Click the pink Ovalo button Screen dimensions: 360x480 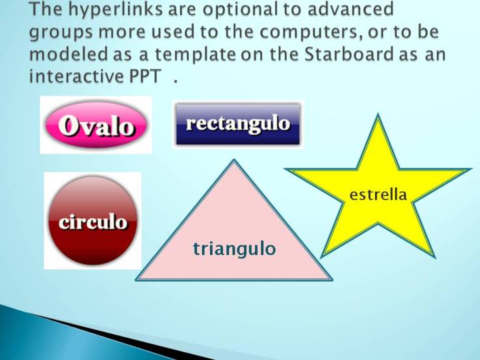[96, 125]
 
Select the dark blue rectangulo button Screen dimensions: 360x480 [237, 124]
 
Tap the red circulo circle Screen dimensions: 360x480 [93, 221]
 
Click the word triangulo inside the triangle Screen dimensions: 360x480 [234, 248]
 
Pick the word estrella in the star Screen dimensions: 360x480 [378, 194]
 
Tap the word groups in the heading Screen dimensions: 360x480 [61, 33]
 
